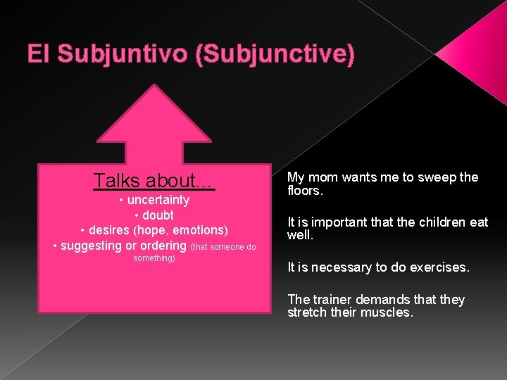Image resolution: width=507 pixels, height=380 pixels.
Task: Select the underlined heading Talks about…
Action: click(x=154, y=181)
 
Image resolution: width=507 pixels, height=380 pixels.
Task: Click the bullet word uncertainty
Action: click(x=158, y=200)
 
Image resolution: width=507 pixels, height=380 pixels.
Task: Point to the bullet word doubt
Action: click(x=158, y=215)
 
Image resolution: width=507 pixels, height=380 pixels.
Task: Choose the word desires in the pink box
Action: click(x=109, y=230)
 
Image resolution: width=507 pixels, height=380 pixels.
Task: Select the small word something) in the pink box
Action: click(x=154, y=258)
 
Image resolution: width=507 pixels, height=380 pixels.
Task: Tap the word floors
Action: click(x=305, y=191)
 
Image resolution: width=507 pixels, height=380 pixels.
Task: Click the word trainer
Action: click(x=331, y=300)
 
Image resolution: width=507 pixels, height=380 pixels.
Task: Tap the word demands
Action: click(x=384, y=300)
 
